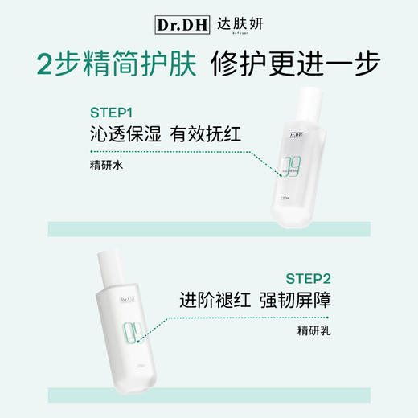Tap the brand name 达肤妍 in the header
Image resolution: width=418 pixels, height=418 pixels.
[x=239, y=24]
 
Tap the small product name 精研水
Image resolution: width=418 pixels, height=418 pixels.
[x=104, y=166]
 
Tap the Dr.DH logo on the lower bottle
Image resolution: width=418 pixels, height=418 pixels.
[x=126, y=301]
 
